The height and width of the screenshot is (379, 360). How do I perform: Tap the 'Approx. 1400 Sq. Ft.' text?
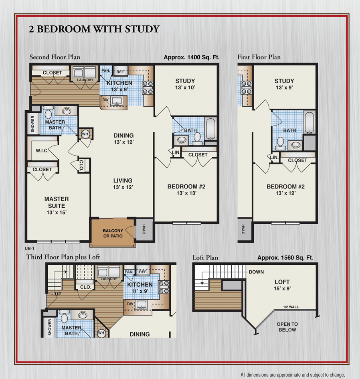pos(191,57)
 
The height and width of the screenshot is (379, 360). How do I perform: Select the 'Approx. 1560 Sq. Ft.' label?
pos(285,258)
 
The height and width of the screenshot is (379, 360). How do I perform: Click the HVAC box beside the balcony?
pos(144,230)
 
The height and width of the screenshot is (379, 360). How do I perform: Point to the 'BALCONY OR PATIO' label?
pos(113,233)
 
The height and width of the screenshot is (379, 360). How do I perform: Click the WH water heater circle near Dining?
pos(85,134)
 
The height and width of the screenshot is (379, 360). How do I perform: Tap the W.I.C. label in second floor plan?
pos(42,151)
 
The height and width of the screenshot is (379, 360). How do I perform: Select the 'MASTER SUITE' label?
pos(57,202)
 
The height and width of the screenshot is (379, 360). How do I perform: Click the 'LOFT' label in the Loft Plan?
pos(282,282)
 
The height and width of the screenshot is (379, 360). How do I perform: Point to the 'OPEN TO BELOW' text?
pos(287,327)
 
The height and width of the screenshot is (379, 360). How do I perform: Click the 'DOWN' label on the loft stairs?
pos(256,272)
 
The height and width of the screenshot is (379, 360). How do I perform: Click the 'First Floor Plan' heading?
pos(259,57)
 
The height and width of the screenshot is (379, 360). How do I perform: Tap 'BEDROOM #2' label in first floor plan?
pos(286,186)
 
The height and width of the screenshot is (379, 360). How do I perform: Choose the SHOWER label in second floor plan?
pos(33,124)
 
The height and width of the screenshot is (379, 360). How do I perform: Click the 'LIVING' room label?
pos(122,180)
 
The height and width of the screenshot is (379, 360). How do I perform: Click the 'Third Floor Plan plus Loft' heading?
pos(63,257)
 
